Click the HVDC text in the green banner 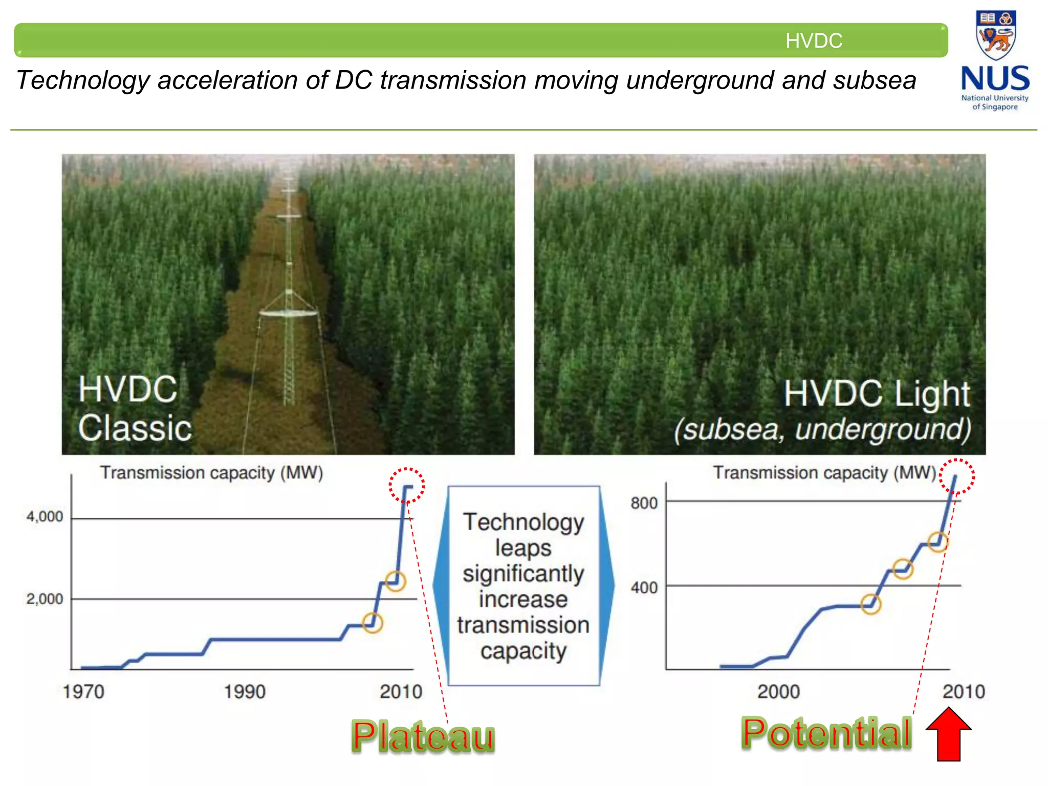tap(814, 40)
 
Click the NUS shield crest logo tap(995, 35)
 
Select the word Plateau tap(423, 737)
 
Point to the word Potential tap(826, 733)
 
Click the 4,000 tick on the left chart tap(45, 516)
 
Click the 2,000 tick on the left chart tap(45, 599)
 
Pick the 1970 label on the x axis tap(83, 692)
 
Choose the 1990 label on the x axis tap(245, 692)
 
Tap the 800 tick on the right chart tap(644, 503)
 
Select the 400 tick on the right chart tap(644, 587)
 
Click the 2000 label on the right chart tap(778, 692)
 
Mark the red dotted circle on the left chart tap(407, 485)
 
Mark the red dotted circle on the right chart tap(957, 476)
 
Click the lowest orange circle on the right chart tap(870, 604)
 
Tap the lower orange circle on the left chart tap(373, 623)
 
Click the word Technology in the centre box tap(523, 522)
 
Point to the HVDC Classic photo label tap(135, 408)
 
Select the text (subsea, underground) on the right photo tap(822, 429)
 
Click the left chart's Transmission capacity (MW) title tap(211, 473)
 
